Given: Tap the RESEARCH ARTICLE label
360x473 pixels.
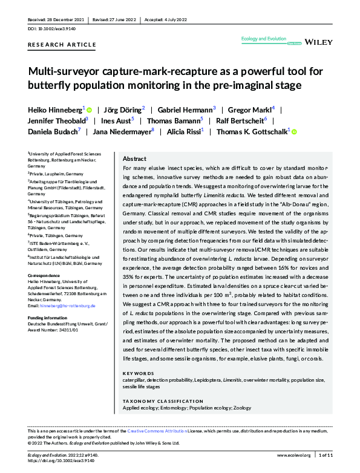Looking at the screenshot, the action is pyautogui.click(x=62, y=45).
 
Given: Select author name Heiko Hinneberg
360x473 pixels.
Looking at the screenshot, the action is pyautogui.click(x=55, y=109).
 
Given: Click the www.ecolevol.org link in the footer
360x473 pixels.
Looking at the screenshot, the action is pyautogui.click(x=293, y=455).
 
